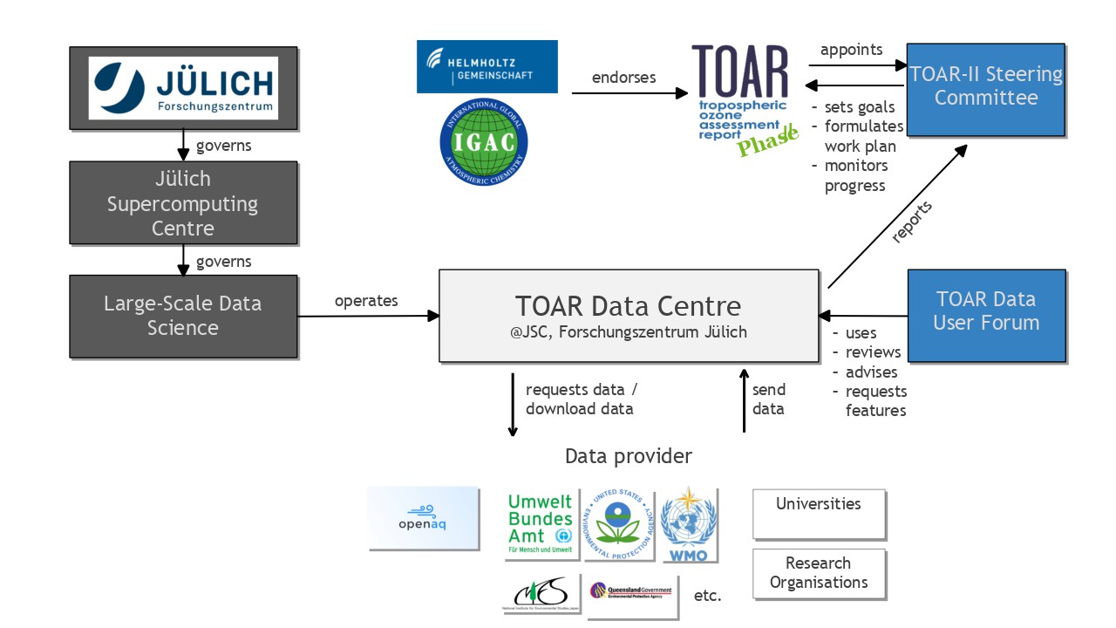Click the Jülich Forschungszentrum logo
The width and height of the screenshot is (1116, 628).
tap(183, 88)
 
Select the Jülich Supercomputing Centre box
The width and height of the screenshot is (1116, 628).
tap(183, 203)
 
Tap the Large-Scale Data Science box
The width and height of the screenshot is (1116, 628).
tap(183, 316)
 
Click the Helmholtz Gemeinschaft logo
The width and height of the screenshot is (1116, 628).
tap(487, 66)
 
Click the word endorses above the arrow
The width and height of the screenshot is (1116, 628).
tap(623, 78)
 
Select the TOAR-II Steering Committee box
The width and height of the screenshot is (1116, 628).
tap(986, 89)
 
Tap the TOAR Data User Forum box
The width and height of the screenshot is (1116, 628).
tap(986, 314)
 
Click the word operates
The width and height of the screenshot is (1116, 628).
tap(366, 301)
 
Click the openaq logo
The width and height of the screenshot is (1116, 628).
tap(424, 518)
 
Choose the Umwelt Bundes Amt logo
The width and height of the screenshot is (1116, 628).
tap(541, 523)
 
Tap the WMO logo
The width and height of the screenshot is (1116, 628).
tap(689, 524)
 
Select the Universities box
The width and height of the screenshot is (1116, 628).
tap(819, 513)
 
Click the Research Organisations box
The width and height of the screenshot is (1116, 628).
tap(819, 573)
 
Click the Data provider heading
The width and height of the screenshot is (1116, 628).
tap(628, 456)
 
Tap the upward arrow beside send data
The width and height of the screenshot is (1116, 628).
tap(744, 401)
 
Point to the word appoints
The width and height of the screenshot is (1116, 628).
tap(852, 50)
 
